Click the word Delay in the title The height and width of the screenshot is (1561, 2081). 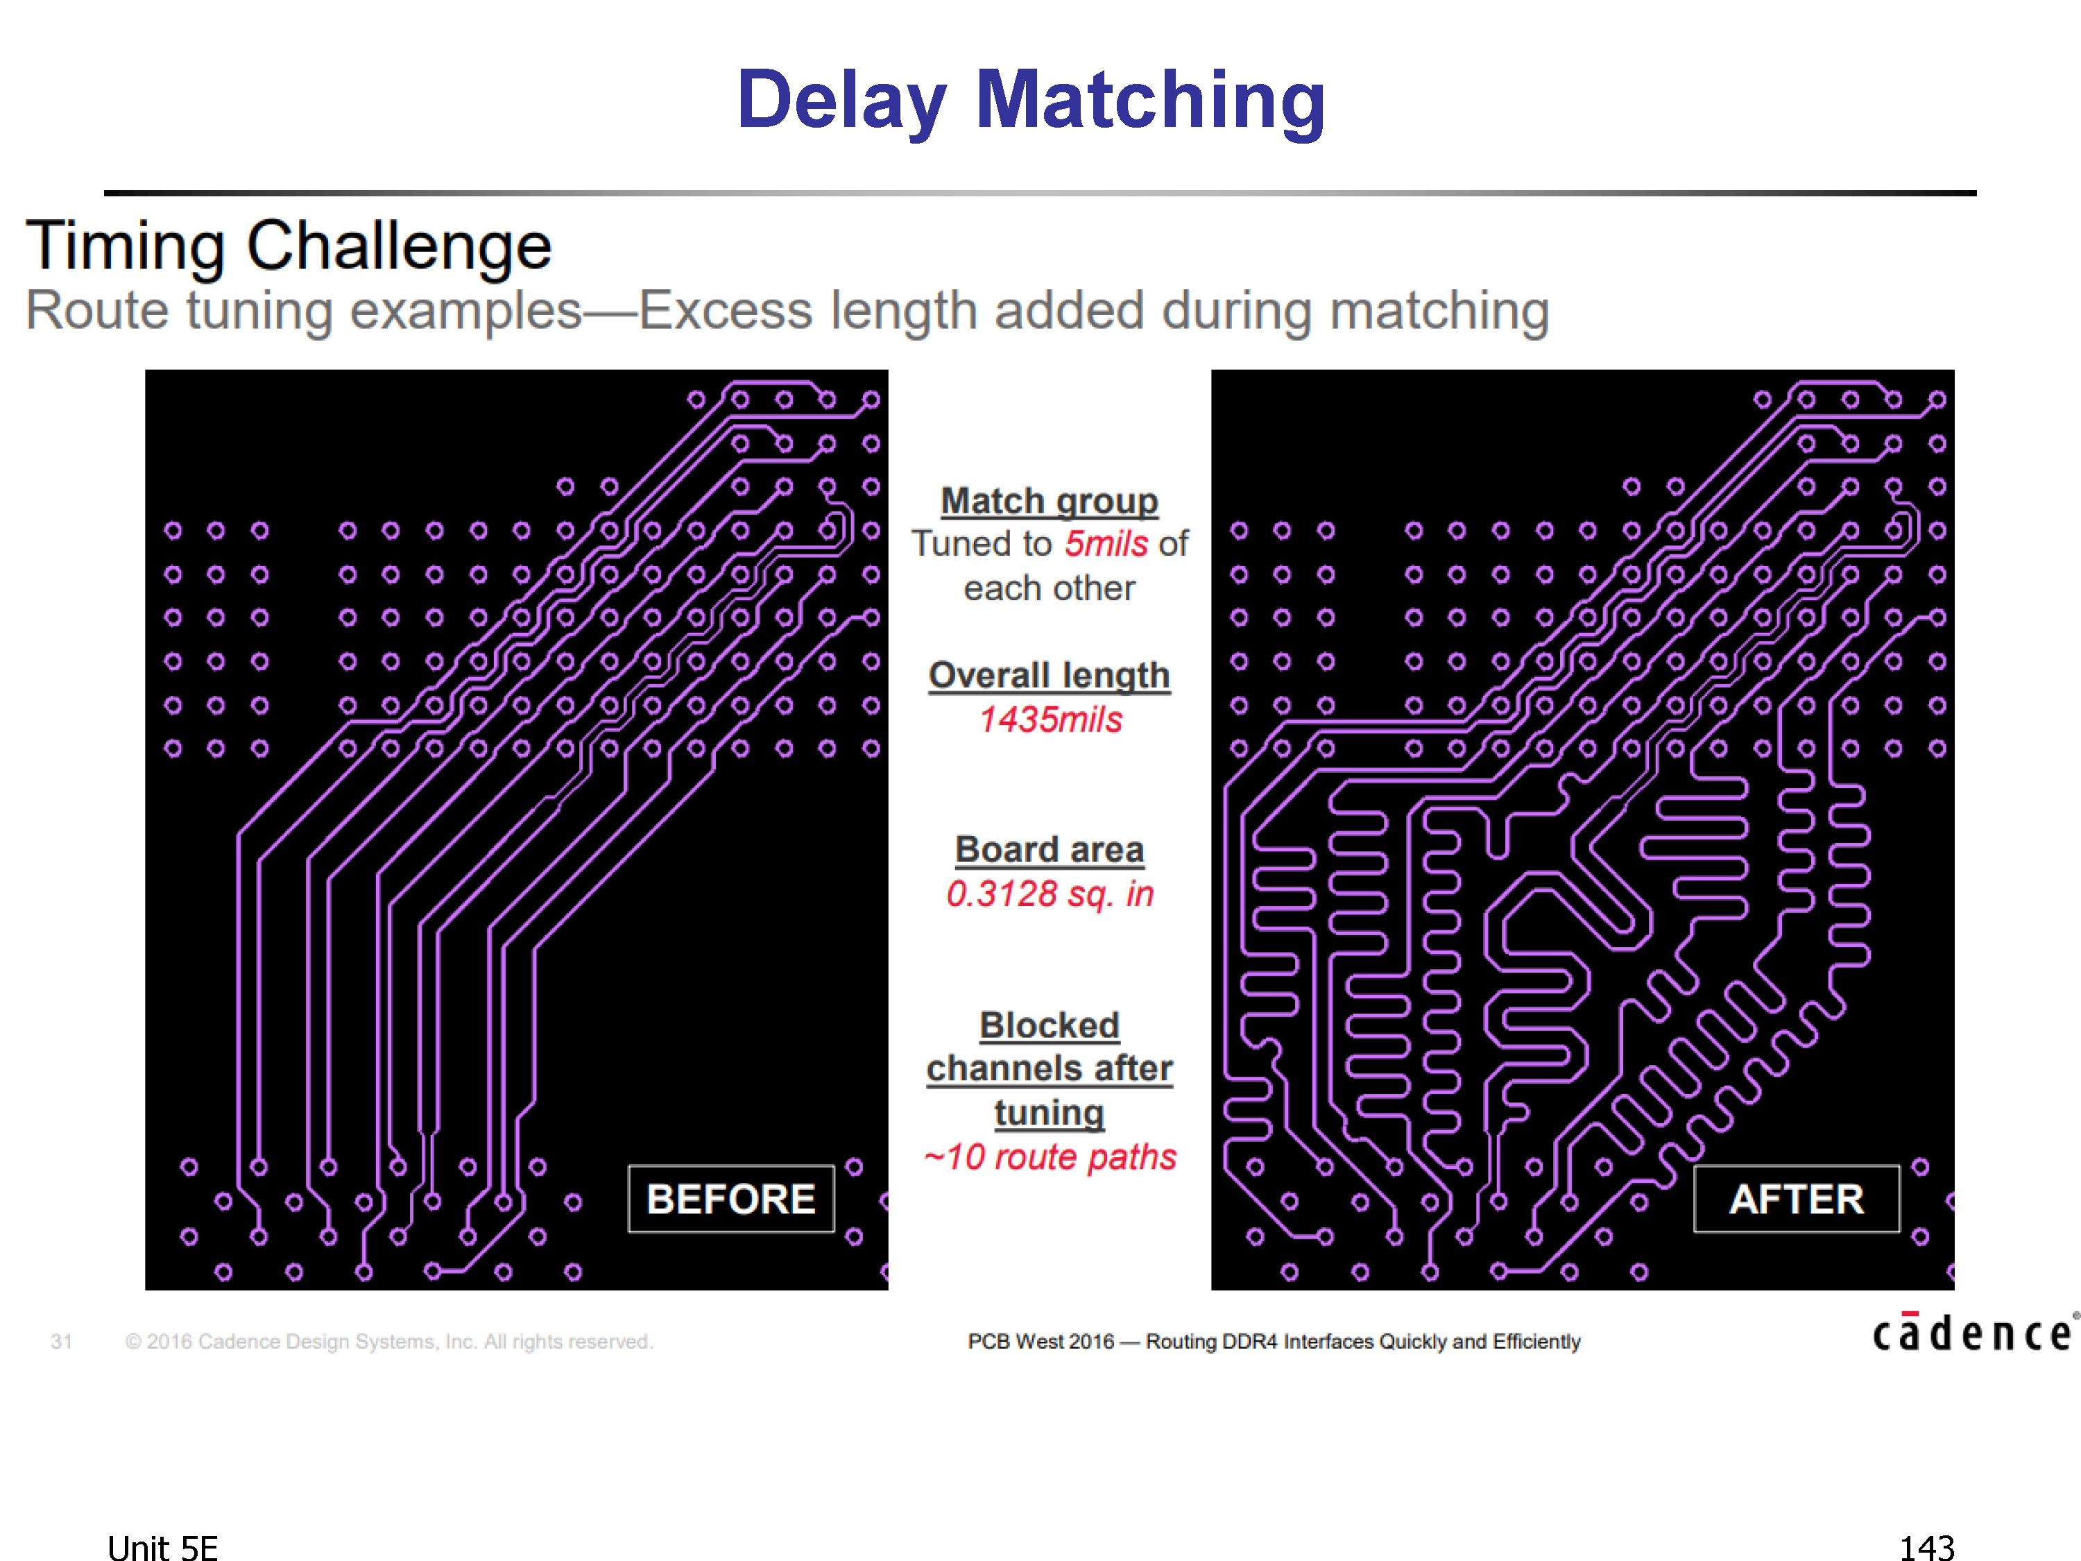(841, 101)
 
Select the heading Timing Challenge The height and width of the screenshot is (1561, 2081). (288, 246)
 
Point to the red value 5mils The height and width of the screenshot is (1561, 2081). (1106, 544)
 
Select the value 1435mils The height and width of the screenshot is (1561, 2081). (1050, 720)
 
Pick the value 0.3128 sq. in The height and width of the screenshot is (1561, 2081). (1050, 894)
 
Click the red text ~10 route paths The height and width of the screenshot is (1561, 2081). (1050, 1157)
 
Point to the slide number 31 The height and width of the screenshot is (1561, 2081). (61, 1342)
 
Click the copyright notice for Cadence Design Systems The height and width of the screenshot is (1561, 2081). (388, 1342)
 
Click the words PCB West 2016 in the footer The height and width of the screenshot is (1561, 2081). (1040, 1342)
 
